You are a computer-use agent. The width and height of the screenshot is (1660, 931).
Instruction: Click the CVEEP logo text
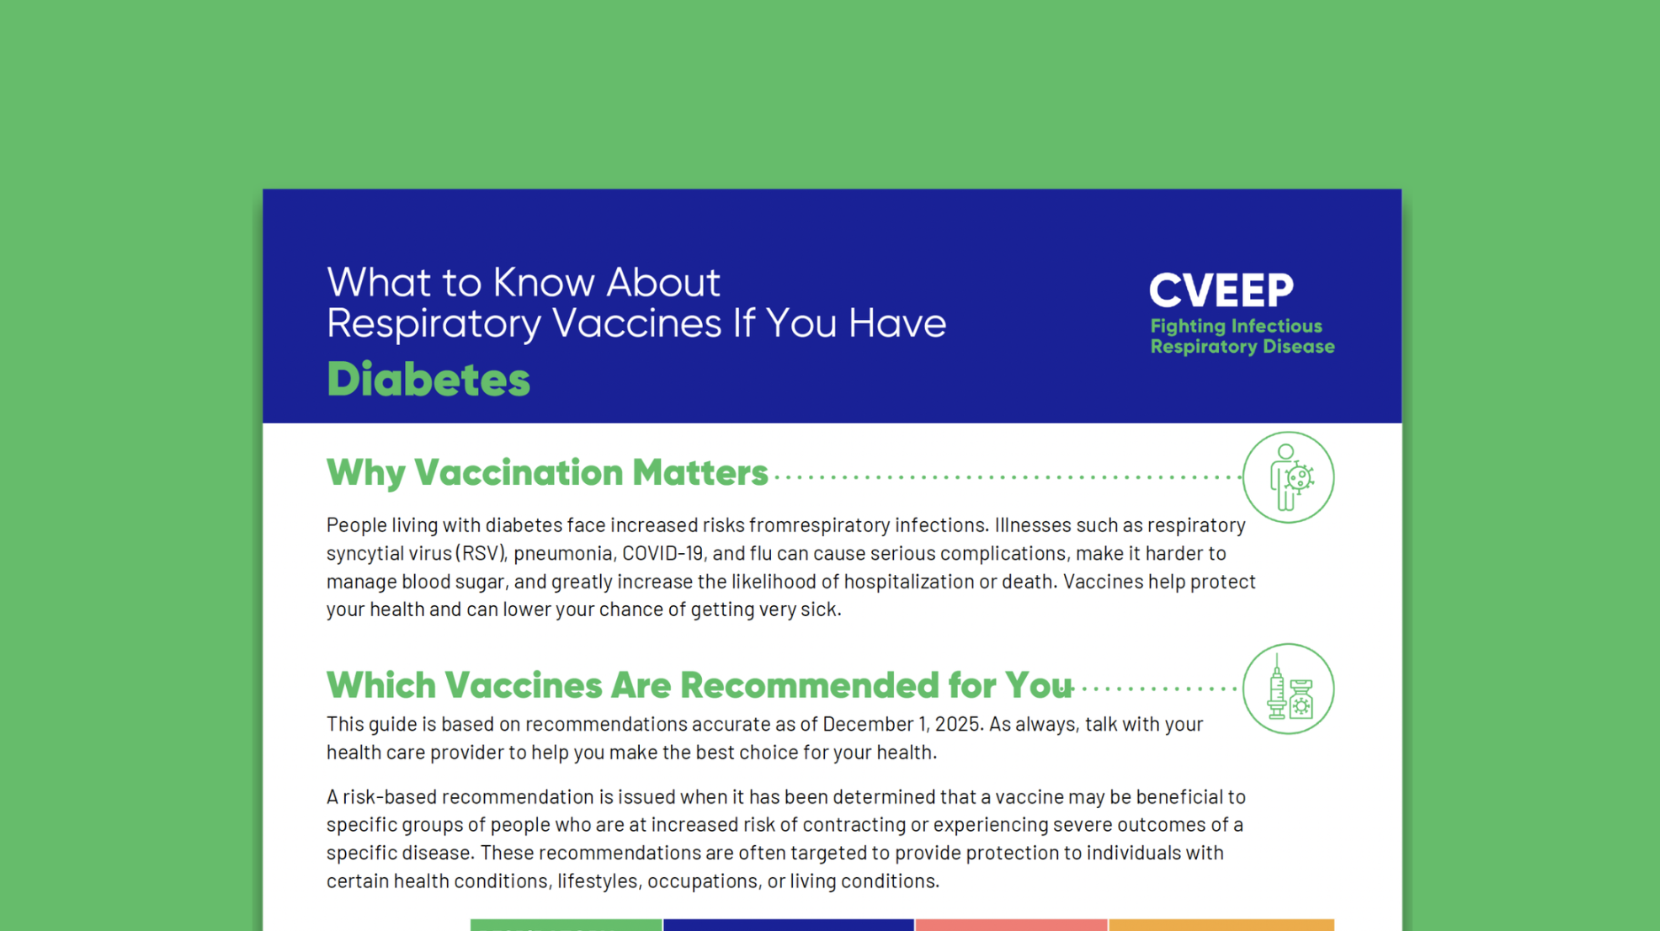click(1221, 291)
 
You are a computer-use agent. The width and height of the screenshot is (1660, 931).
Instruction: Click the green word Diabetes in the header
click(428, 380)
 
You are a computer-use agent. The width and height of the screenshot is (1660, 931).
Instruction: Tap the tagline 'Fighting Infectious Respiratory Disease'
click(1242, 337)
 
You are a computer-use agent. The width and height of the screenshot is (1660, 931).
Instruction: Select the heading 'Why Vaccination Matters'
click(547, 473)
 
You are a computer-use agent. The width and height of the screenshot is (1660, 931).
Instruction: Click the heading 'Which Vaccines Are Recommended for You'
click(699, 685)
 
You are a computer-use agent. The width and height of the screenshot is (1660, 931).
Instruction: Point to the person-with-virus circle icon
click(1288, 477)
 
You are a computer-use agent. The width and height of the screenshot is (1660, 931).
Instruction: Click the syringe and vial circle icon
click(1288, 689)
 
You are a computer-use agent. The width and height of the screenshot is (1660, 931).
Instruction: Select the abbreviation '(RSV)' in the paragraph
click(482, 553)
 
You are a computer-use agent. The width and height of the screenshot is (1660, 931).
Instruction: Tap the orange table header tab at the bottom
click(1221, 925)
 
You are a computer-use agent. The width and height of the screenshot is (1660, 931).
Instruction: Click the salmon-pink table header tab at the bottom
click(1011, 925)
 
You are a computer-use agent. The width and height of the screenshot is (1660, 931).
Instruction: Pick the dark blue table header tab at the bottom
click(788, 925)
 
